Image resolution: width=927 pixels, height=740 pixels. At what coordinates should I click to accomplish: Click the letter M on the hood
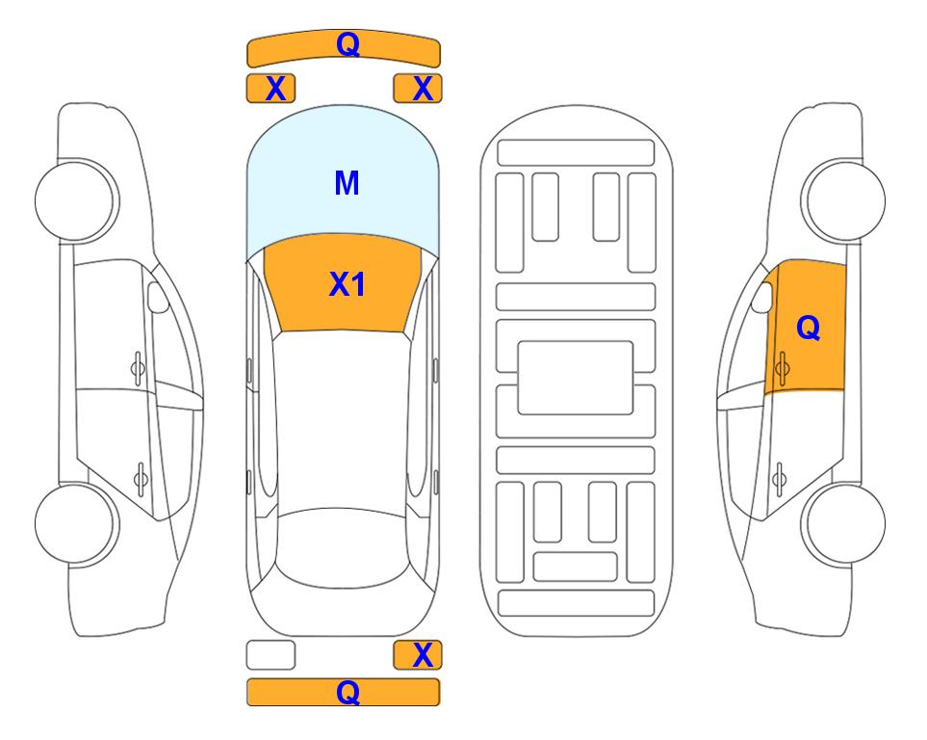(347, 183)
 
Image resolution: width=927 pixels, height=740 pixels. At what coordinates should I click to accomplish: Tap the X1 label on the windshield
(348, 284)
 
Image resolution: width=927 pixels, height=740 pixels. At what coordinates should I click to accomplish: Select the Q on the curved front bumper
(348, 43)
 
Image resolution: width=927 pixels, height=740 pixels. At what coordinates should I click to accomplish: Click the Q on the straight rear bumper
(348, 692)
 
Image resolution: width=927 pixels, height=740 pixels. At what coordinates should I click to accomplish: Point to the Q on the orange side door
(809, 328)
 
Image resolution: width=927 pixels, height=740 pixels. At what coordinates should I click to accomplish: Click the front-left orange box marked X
(270, 89)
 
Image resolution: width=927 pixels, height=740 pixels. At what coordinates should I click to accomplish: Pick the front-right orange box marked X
(418, 89)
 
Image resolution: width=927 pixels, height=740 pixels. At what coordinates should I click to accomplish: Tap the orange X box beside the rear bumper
(418, 655)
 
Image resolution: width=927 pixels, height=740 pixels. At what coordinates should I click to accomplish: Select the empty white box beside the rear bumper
(270, 655)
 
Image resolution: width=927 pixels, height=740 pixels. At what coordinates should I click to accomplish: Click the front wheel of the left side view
(76, 201)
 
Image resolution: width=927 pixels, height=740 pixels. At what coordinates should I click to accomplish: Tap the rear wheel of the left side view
(76, 524)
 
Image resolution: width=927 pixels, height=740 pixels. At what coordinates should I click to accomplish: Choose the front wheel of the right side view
(843, 201)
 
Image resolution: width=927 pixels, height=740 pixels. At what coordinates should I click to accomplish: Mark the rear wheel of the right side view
(843, 524)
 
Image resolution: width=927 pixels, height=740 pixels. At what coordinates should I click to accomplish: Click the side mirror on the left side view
(158, 297)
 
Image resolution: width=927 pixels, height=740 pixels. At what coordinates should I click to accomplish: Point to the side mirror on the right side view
(762, 297)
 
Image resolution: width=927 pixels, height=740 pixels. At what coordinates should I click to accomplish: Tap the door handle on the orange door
(782, 368)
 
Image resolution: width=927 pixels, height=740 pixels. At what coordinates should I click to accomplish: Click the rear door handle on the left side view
(141, 479)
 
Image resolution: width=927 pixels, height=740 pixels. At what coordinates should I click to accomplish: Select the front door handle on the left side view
(138, 368)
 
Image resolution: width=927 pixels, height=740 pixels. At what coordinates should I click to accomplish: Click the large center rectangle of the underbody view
(576, 378)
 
